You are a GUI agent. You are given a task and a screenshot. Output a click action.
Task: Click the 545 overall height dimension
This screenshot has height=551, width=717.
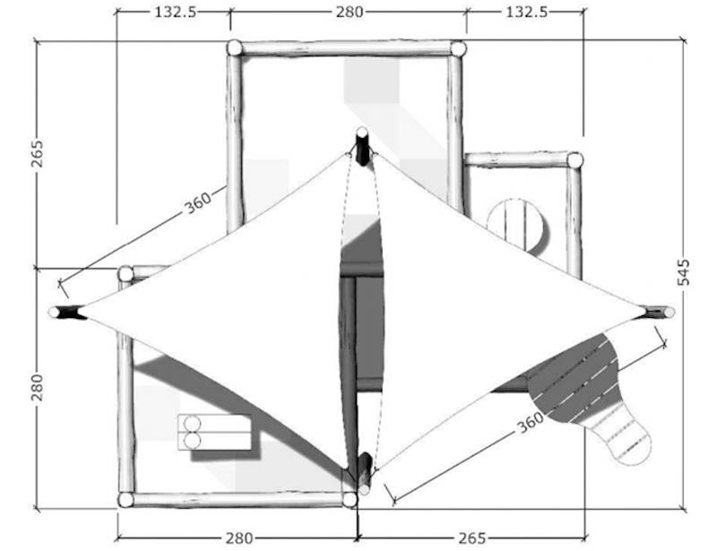pyautogui.click(x=684, y=271)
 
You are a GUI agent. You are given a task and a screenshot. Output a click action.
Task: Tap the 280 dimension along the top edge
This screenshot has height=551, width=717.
pyautogui.click(x=350, y=12)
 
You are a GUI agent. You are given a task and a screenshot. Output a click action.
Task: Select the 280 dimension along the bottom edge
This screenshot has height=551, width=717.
pyautogui.click(x=238, y=538)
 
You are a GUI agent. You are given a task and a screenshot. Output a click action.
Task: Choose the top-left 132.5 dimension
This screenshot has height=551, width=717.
pyautogui.click(x=174, y=12)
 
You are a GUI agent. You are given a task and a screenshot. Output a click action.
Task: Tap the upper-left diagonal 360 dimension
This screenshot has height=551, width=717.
pyautogui.click(x=199, y=202)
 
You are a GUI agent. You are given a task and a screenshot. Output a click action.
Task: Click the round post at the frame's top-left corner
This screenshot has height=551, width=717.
pyautogui.click(x=234, y=47)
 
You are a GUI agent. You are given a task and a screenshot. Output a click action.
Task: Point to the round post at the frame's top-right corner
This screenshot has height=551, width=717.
pyautogui.click(x=458, y=48)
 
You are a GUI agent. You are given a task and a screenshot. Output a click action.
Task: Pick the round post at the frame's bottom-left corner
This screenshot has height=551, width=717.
pyautogui.click(x=125, y=500)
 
